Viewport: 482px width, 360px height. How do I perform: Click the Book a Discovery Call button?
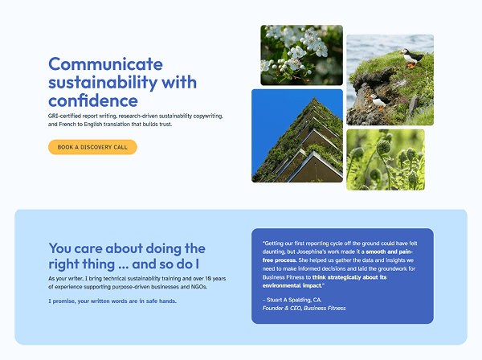tap(92, 147)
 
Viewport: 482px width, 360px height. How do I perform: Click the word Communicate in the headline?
tap(105, 64)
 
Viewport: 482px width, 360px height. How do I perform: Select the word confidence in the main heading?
tap(92, 101)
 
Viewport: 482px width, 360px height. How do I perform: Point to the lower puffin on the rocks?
tap(375, 99)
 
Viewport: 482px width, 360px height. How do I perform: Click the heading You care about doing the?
tap(127, 248)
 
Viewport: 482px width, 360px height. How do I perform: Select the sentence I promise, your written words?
tap(112, 301)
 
